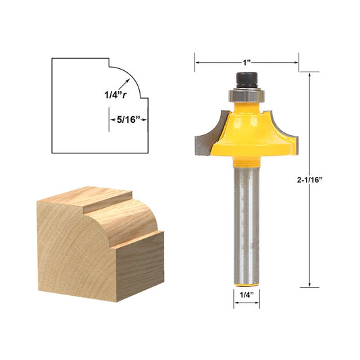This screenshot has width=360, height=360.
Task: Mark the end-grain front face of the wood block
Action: tap(74, 263)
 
